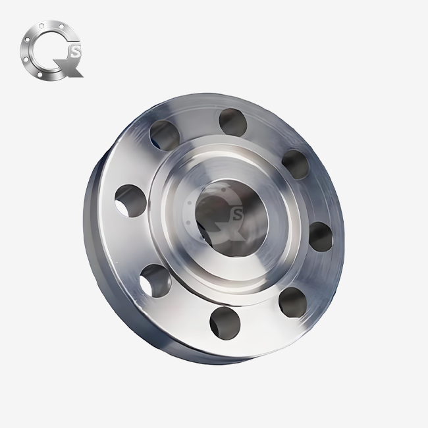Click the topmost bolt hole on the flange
pyautogui.click(x=232, y=120)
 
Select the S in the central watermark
pyautogui.click(x=238, y=213)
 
